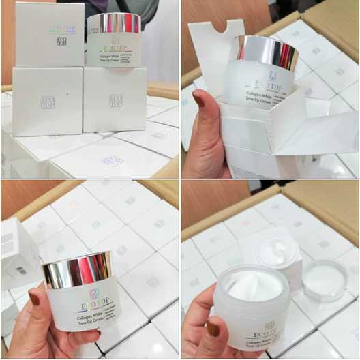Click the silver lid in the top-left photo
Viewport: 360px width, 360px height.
pyautogui.click(x=114, y=23)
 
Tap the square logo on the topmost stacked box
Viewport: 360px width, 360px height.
pyautogui.click(x=62, y=42)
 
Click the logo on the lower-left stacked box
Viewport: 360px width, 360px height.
pyautogui.click(x=46, y=102)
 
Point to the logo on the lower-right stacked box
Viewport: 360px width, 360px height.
pyautogui.click(x=116, y=100)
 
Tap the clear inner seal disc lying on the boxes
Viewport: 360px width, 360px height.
pyautogui.click(x=322, y=280)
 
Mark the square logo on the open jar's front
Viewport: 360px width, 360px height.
pyautogui.click(x=270, y=325)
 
